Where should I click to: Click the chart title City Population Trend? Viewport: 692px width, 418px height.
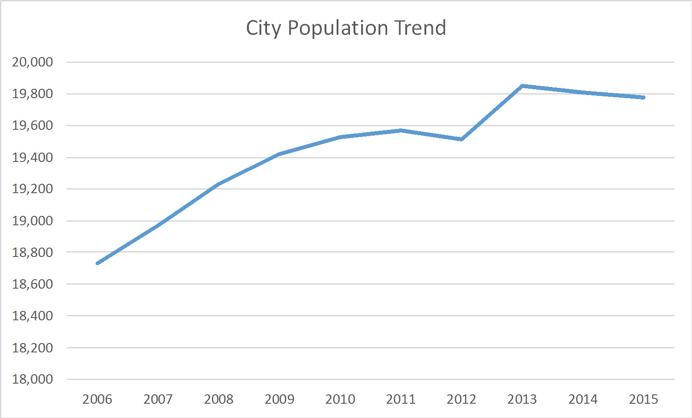(x=346, y=28)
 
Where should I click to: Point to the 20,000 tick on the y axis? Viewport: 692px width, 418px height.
(x=33, y=62)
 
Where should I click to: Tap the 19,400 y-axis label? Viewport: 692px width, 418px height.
(x=33, y=157)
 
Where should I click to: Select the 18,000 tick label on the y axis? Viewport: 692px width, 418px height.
(x=33, y=379)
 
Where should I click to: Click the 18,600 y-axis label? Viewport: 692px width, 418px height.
(x=33, y=284)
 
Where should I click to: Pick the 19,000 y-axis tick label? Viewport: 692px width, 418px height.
(x=33, y=221)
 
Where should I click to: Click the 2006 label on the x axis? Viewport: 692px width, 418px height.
(x=97, y=399)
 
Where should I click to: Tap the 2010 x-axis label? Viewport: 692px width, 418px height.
(x=340, y=399)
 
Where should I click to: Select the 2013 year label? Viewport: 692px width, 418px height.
(x=522, y=399)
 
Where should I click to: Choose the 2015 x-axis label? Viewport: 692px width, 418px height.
(x=643, y=399)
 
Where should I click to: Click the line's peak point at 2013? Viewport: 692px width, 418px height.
(x=522, y=86)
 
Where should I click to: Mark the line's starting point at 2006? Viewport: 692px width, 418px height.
(x=98, y=263)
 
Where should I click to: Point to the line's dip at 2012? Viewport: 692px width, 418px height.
(x=461, y=139)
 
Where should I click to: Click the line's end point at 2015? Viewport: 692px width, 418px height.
(x=643, y=97)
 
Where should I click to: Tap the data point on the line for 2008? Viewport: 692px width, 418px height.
(x=218, y=184)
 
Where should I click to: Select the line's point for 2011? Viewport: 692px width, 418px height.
(x=401, y=130)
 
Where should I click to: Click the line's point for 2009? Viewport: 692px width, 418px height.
(x=280, y=154)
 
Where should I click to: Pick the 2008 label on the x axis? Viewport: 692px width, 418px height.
(x=218, y=399)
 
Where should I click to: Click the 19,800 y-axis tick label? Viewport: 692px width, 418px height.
(x=33, y=94)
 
